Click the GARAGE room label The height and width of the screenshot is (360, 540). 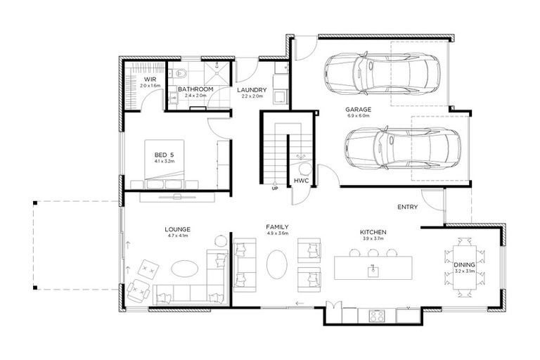click(x=359, y=110)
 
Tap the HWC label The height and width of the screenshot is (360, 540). click(x=302, y=181)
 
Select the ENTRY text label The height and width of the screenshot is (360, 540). click(x=408, y=207)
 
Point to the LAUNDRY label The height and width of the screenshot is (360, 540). click(x=250, y=90)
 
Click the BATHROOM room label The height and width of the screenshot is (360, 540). click(x=195, y=89)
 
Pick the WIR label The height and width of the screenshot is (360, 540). click(x=150, y=79)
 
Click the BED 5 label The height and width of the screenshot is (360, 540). click(x=164, y=154)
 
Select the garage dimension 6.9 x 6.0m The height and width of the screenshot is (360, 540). click(x=359, y=117)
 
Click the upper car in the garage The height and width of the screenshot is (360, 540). click(x=382, y=71)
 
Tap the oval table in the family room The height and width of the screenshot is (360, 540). click(x=277, y=264)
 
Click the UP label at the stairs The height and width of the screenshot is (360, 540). click(x=275, y=188)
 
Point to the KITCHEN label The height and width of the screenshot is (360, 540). click(x=373, y=232)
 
